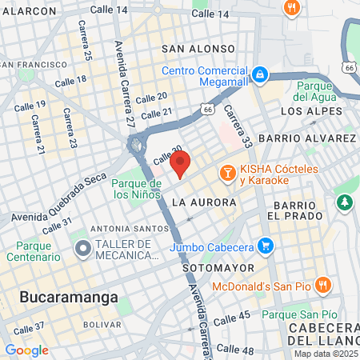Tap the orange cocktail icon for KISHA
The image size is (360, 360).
point(227,172)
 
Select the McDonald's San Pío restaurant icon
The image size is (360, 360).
point(322,285)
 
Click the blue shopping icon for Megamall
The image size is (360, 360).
point(260,74)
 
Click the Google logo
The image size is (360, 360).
point(26,350)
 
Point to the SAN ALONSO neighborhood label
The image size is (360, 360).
point(198,49)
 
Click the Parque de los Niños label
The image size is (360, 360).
point(138,188)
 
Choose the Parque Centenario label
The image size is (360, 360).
point(33,250)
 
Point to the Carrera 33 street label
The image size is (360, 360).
point(238,126)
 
